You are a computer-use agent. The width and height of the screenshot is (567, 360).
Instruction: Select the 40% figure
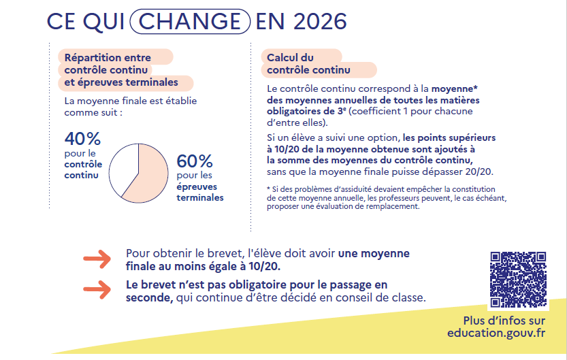click(82, 139)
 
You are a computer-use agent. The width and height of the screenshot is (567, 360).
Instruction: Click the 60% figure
click(195, 162)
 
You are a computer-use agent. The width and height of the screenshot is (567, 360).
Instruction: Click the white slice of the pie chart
click(123, 167)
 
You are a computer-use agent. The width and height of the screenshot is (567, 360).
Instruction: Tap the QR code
click(518, 280)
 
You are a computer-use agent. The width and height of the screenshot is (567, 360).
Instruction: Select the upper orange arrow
click(97, 259)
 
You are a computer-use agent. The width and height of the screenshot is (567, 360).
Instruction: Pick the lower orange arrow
click(97, 289)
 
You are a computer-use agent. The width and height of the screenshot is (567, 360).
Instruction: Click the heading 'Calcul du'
click(290, 58)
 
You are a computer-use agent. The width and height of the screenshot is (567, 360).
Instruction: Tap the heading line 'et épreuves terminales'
click(121, 82)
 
